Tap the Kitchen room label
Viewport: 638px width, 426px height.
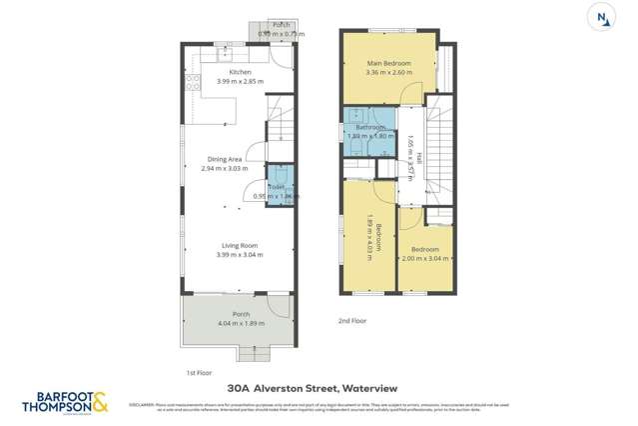click(x=240, y=72)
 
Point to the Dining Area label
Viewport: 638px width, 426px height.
click(x=225, y=159)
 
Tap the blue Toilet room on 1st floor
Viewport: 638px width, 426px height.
click(x=279, y=186)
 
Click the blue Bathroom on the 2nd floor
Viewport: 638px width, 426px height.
click(x=367, y=133)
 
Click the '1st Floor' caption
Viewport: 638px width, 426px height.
click(x=199, y=372)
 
